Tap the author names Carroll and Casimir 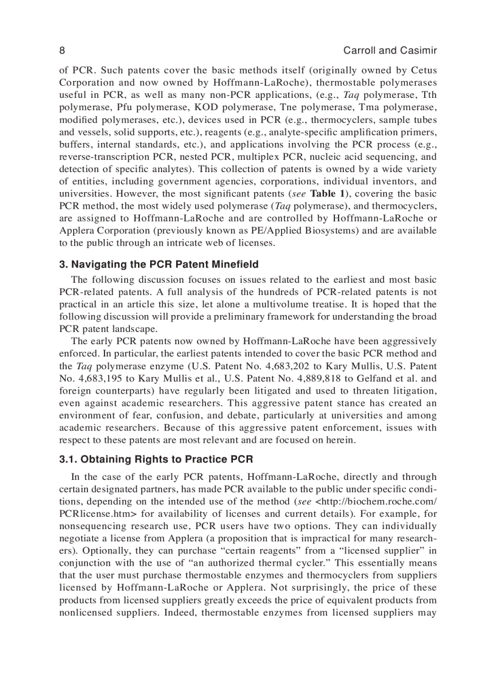coord(390,50)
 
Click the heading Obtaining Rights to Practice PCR coord(156,459)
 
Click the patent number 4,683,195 coord(95,378)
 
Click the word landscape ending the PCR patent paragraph coord(133,328)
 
